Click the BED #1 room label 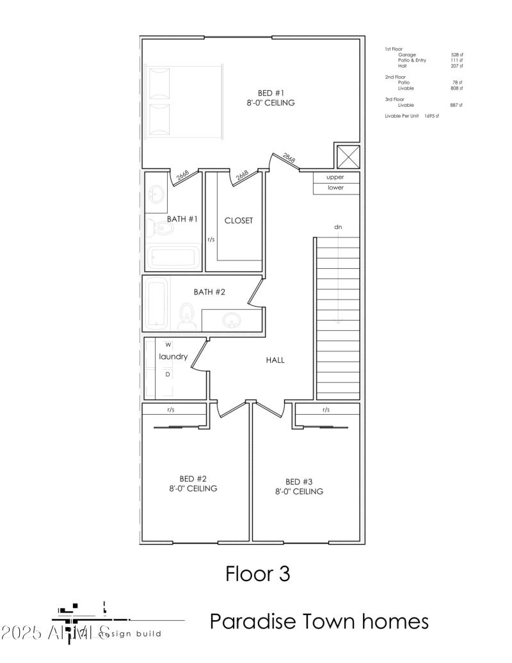(271, 92)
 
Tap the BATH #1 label (182, 219)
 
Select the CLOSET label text (238, 220)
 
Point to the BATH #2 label (210, 292)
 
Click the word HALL (275, 360)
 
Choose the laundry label (173, 356)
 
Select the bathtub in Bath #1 (171, 259)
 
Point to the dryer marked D (168, 374)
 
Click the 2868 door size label (289, 159)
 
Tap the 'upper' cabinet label (335, 177)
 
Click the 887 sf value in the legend (456, 105)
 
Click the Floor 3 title (257, 573)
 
